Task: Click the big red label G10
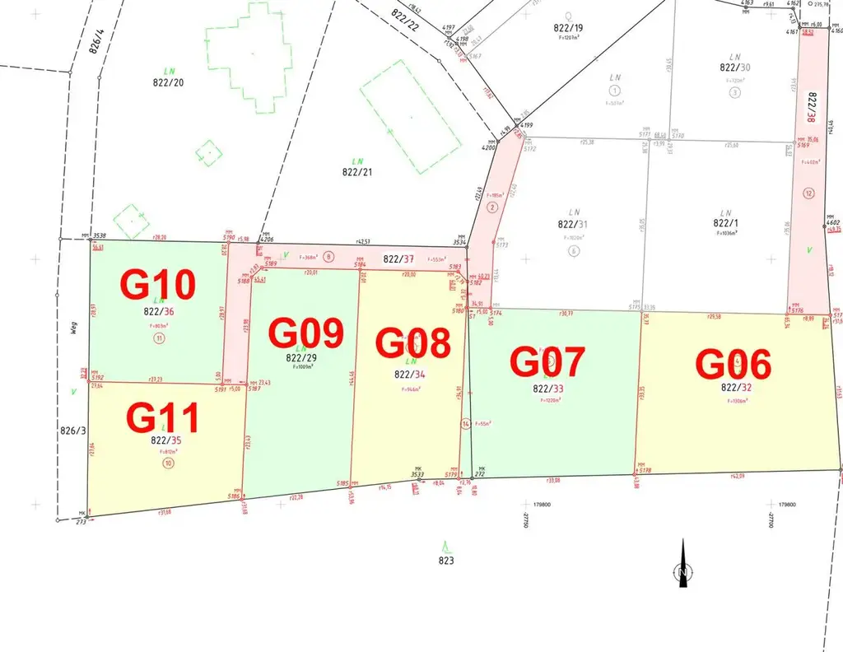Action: (159, 284)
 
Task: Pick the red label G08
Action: (413, 343)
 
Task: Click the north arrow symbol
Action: (682, 566)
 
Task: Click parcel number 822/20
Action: (168, 81)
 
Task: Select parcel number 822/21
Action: (356, 172)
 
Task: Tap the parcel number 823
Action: (447, 561)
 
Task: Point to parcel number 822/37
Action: (403, 259)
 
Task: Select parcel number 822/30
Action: (735, 68)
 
